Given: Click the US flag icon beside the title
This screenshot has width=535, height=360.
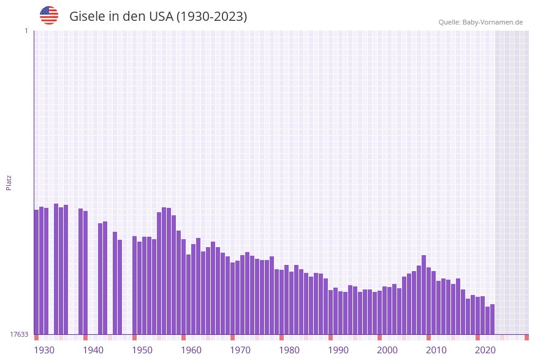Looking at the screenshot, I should coord(49,15).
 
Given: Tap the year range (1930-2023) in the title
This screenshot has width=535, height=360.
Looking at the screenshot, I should coord(211,17).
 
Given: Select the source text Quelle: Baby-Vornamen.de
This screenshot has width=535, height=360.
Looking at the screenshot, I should coord(480,22).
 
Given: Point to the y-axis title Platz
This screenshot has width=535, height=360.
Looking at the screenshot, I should coord(9,182).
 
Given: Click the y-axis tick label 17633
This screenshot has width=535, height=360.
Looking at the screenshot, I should coord(19,334).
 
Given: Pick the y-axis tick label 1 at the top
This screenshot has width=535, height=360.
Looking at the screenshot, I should coord(26,31).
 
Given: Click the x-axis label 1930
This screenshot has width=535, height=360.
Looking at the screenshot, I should coord(44,350).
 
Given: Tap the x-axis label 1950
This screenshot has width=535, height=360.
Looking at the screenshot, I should coord(142,350).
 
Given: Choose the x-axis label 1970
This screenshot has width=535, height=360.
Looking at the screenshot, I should coord(240,350).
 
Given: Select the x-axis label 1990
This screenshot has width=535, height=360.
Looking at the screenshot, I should coord(338,350).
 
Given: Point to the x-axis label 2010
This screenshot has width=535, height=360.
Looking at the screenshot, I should coord(436,350).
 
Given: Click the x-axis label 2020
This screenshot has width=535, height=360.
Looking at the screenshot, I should coord(485,350).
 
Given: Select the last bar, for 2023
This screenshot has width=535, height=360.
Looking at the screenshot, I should coord(492,319).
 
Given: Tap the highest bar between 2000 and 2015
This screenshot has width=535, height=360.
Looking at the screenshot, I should coord(423,294).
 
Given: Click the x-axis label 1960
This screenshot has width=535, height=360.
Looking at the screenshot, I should coord(191,350).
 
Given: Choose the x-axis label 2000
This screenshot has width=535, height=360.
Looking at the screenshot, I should coord(387,350).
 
